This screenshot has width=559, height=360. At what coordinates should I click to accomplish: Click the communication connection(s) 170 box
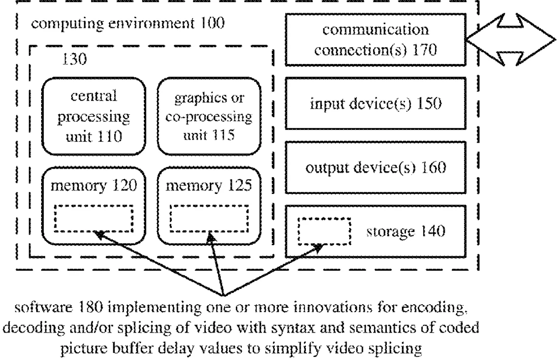[x=376, y=40]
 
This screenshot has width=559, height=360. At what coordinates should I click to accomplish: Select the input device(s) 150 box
[x=376, y=103]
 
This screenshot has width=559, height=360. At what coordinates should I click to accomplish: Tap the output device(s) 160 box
[x=376, y=168]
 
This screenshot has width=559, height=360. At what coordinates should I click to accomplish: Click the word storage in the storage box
[x=390, y=232]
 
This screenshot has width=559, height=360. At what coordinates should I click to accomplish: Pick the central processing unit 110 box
[x=94, y=116]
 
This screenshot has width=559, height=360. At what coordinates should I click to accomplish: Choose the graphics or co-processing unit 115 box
[x=209, y=116]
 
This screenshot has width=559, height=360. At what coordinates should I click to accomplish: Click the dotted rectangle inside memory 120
[x=94, y=218]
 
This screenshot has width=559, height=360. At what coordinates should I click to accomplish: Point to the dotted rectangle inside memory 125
[x=209, y=218]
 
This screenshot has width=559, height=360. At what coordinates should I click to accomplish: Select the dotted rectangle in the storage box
[x=324, y=232]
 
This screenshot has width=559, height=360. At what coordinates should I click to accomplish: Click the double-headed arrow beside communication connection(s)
[x=511, y=40]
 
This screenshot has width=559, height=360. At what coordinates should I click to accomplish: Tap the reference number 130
[x=74, y=59]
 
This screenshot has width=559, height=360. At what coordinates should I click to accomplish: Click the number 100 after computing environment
[x=212, y=23]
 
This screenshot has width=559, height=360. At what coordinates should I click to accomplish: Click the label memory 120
[x=94, y=185]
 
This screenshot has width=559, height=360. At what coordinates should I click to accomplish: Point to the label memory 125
[x=209, y=185]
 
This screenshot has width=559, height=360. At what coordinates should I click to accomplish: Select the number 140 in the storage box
[x=433, y=232]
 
